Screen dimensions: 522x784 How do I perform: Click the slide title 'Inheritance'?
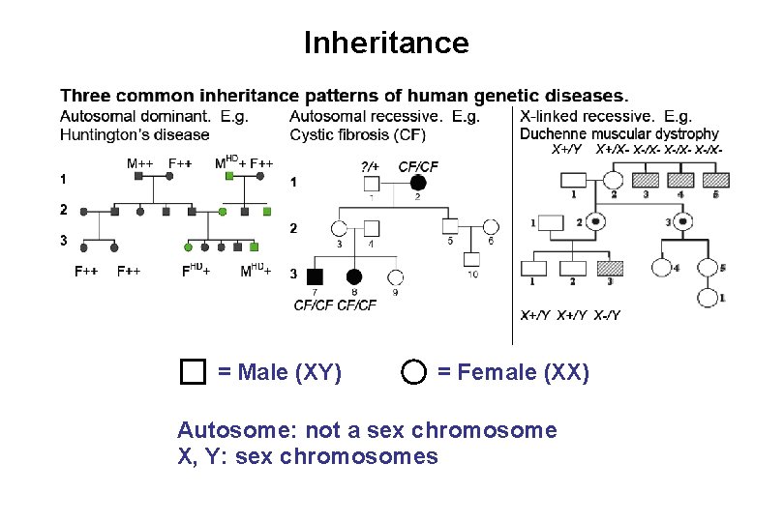[x=386, y=43]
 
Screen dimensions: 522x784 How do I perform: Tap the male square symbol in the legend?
[x=194, y=372]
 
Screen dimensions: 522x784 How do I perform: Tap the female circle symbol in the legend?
[x=414, y=372]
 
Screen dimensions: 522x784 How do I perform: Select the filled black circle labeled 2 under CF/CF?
[x=418, y=183]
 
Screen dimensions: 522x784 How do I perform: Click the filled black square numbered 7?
[x=315, y=276]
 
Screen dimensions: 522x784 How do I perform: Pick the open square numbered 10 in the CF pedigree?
[x=470, y=259]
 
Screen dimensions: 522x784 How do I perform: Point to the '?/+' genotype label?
[x=370, y=167]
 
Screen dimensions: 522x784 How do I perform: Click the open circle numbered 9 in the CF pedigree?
[x=395, y=276]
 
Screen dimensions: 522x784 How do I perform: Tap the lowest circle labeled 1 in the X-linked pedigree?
[x=709, y=297]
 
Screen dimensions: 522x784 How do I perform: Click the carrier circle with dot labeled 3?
[x=682, y=221]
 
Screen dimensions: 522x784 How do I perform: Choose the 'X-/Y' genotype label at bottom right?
[x=607, y=315]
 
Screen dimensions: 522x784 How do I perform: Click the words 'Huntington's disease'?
[x=135, y=133]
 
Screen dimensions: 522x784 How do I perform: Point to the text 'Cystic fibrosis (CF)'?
[x=357, y=133]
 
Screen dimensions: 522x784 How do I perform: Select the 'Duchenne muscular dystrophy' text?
[x=619, y=133]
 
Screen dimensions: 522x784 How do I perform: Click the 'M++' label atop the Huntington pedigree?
[x=139, y=162]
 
